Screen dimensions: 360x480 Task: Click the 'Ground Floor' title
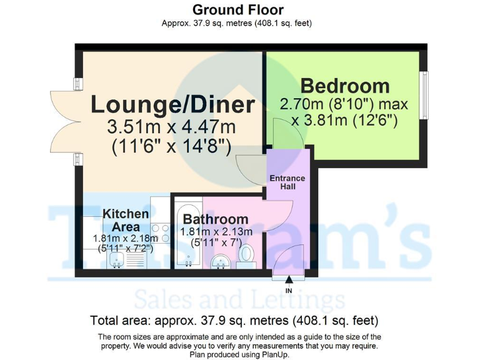point(237,10)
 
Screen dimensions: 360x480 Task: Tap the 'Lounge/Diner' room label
point(172,104)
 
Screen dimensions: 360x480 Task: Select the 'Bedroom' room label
point(344,86)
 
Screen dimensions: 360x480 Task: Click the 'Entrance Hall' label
point(287,182)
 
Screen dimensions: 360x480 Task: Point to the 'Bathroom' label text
point(216,219)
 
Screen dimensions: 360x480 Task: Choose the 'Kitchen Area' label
point(126,220)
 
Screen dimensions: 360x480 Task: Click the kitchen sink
point(116,260)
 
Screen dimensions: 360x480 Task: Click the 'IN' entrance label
point(289,291)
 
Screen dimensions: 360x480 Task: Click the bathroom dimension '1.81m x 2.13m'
point(216,232)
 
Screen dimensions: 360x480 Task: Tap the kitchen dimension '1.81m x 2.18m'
point(126,238)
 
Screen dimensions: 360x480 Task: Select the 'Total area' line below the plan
point(235,322)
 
